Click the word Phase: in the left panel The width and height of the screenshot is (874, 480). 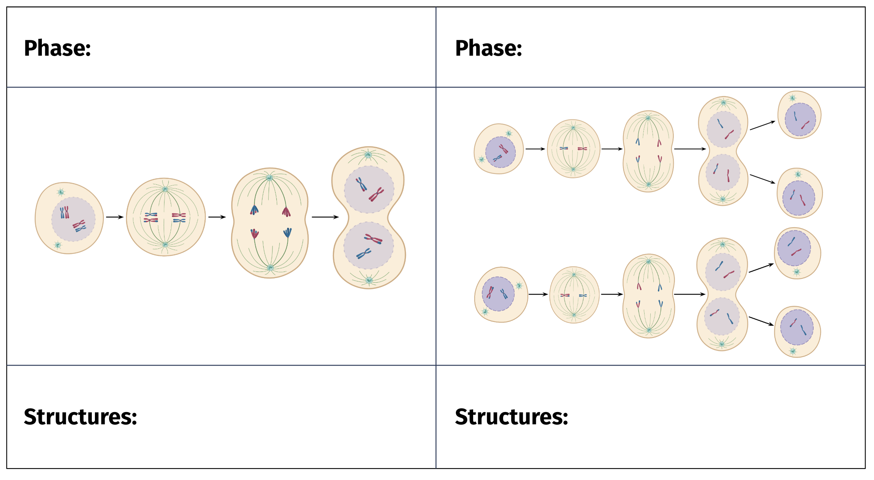click(57, 48)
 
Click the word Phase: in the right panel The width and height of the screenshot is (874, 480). click(489, 48)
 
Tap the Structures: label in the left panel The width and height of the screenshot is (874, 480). click(80, 417)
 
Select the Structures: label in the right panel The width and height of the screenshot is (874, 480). click(512, 417)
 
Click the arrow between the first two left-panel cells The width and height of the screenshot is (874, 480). click(115, 217)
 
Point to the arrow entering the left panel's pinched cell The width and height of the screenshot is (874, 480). click(325, 217)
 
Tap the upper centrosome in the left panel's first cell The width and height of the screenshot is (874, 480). click(61, 192)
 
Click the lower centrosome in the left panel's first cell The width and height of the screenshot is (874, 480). click(58, 245)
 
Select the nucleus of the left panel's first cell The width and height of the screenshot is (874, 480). click(73, 219)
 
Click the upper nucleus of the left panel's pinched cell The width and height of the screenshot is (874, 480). click(369, 189)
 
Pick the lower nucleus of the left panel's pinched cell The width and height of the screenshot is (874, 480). click(369, 246)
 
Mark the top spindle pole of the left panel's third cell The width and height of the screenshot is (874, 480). click(269, 178)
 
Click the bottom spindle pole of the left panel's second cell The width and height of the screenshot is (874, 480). click(165, 245)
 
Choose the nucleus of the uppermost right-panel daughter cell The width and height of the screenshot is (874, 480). click(800, 119)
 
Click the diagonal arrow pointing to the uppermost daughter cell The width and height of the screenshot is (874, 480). click(763, 125)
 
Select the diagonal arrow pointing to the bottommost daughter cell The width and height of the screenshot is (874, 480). click(761, 321)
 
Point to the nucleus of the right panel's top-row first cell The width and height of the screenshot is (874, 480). click(500, 152)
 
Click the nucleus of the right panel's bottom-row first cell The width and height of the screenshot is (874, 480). click(498, 294)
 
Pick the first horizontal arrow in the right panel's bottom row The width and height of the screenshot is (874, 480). click(538, 294)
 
